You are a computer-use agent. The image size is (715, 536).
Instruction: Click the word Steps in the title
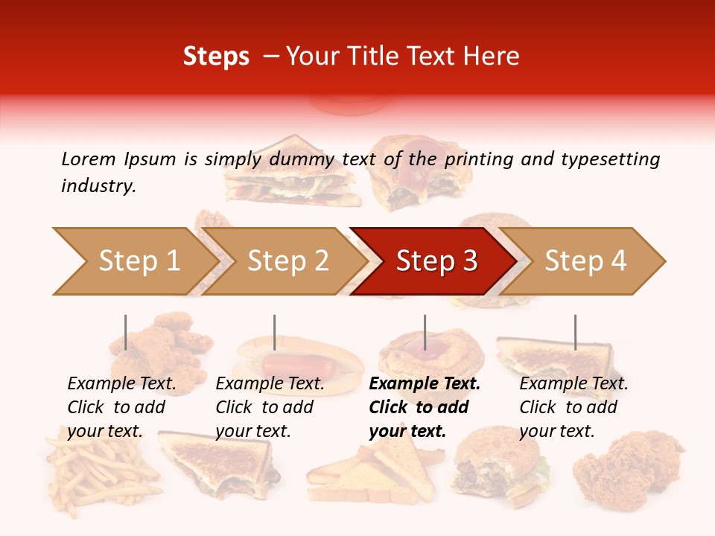[x=216, y=57]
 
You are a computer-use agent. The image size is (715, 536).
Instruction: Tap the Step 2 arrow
[x=287, y=261]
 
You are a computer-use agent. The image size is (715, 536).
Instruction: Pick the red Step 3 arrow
[x=436, y=261]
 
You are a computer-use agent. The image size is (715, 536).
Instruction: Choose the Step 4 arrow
[x=585, y=261]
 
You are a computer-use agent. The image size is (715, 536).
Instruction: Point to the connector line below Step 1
[x=125, y=332]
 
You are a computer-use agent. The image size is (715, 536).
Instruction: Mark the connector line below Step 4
[x=575, y=332]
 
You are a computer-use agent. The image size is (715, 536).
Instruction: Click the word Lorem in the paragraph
[x=88, y=159]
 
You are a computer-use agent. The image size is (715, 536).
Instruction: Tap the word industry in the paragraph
[x=98, y=186]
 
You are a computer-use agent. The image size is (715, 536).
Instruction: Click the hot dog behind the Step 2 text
[x=298, y=365]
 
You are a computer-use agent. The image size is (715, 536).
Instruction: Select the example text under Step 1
[x=121, y=407]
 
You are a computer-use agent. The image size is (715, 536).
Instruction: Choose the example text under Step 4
[x=573, y=407]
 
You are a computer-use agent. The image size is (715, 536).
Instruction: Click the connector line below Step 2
[x=275, y=332]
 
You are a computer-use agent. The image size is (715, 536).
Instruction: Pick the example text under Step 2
[x=270, y=407]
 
